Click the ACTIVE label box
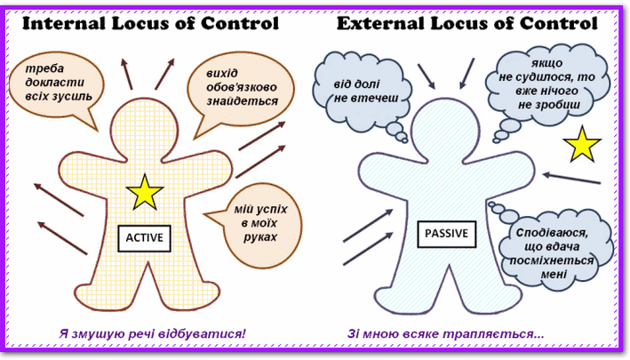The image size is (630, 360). tap(143, 237)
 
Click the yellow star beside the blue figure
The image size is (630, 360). tap(582, 143)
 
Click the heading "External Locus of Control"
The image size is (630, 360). tap(467, 23)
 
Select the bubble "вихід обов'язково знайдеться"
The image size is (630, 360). tap(234, 87)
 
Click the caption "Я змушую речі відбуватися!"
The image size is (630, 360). tap(150, 334)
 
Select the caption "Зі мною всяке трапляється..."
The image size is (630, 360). tap(447, 334)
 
